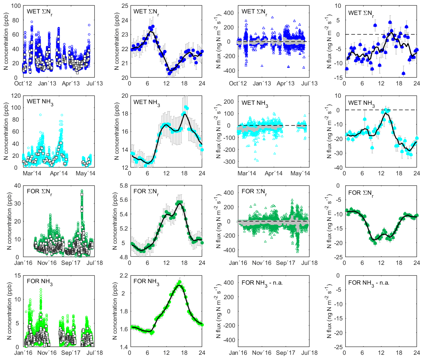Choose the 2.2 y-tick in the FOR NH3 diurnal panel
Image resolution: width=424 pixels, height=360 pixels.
click(122, 275)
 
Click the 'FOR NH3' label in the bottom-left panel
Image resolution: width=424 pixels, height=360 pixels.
click(40, 282)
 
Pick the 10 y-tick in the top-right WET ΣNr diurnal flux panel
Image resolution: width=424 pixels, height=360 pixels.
click(338, 6)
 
